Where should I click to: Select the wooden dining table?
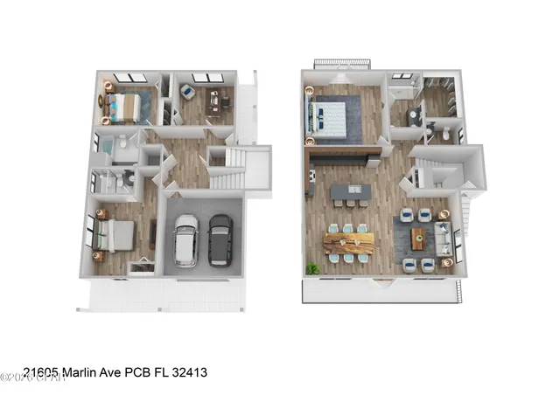[347, 242]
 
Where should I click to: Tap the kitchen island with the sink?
[348, 191]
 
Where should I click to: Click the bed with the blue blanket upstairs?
[332, 119]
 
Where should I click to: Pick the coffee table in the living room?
[418, 238]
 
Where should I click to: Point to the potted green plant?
[311, 267]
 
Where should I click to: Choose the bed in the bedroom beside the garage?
[115, 235]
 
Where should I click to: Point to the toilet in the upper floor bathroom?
[444, 133]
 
